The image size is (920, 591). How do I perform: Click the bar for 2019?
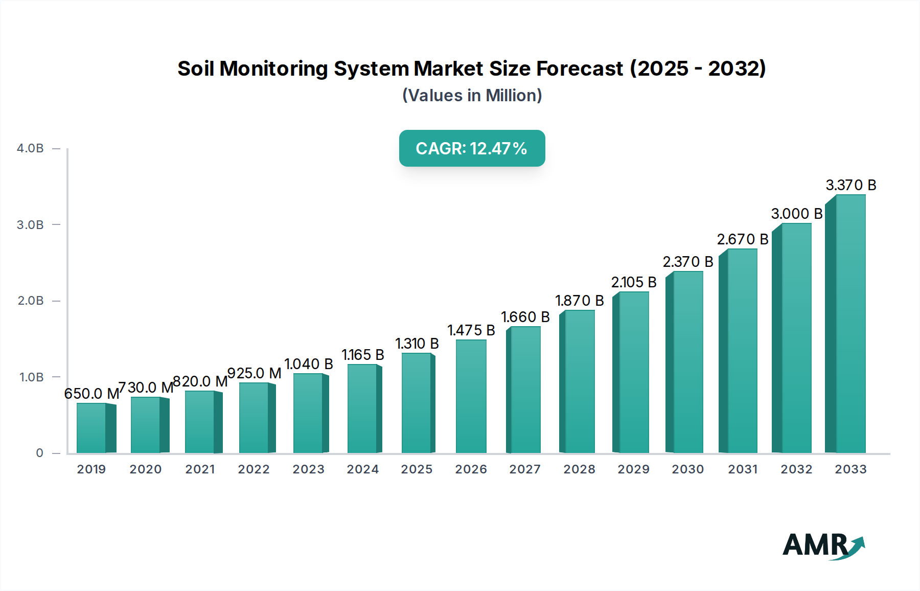point(92,428)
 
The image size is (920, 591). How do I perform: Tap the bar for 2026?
point(471,397)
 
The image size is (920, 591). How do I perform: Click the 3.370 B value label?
point(851,185)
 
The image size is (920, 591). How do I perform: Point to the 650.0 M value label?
point(91,394)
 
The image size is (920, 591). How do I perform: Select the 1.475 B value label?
point(471,330)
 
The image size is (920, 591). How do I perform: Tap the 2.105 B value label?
point(634,282)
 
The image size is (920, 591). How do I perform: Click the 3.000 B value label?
point(797,214)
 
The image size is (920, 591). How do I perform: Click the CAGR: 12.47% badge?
point(472,148)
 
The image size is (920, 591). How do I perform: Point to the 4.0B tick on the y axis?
point(30,148)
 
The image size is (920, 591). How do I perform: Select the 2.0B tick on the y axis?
point(30,301)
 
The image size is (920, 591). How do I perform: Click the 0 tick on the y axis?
point(39,453)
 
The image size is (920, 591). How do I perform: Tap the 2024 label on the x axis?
point(363,469)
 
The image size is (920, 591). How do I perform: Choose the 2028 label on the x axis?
point(579,469)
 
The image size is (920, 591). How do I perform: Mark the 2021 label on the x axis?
point(200,469)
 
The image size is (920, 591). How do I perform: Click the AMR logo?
point(823,545)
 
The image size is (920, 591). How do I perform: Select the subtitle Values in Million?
point(472,96)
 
